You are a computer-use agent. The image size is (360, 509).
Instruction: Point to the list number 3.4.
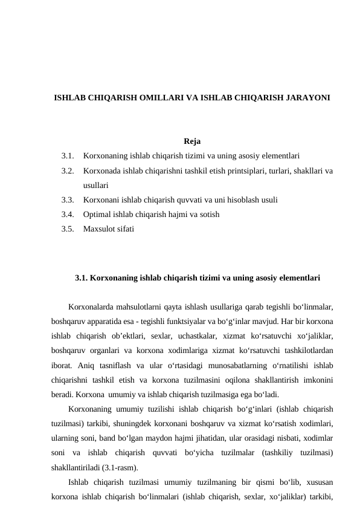point(68,214)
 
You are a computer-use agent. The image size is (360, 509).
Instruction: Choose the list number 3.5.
point(68,229)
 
